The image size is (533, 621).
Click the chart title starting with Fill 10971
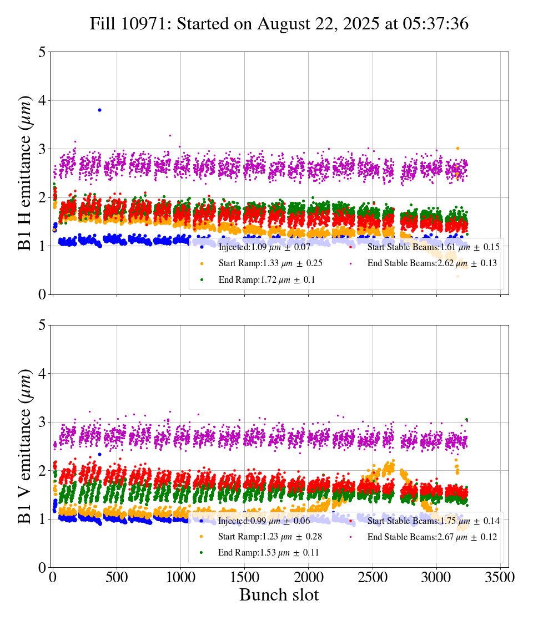point(279,24)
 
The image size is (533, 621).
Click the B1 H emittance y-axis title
point(25,172)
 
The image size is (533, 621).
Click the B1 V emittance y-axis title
point(25,446)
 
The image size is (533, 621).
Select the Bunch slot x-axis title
point(279,595)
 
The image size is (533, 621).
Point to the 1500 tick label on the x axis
point(245,577)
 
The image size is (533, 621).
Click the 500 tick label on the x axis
point(117,577)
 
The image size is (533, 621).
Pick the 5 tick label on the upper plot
point(42,52)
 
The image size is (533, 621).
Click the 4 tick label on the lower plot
point(42,374)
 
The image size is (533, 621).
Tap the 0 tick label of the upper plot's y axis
point(42,294)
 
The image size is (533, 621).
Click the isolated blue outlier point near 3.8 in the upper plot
point(99,110)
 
